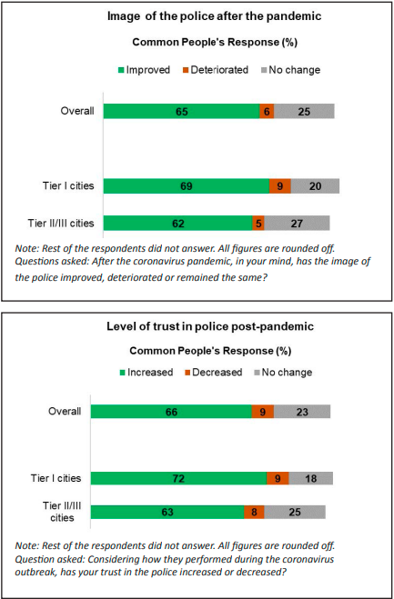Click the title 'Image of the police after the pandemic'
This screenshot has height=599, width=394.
[214, 16]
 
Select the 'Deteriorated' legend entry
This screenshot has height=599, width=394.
[216, 70]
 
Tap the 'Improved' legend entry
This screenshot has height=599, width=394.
[145, 70]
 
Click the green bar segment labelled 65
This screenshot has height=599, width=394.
[181, 111]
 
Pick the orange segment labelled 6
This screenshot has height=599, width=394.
[267, 111]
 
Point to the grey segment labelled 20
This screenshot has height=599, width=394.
[315, 186]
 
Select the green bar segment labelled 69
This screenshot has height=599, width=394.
[187, 186]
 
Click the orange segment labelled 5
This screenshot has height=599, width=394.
[258, 223]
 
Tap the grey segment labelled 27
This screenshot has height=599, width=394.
[297, 223]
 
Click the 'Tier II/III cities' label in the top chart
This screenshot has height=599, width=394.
[61, 223]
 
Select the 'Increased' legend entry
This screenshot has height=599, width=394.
[146, 372]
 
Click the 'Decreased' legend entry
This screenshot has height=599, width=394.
[214, 372]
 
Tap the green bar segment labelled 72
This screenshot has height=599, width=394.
[178, 478]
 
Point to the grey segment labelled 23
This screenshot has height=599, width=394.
[302, 412]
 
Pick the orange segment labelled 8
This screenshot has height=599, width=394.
[254, 512]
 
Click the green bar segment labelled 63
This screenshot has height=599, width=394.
[167, 512]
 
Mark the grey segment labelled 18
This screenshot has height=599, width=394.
[310, 478]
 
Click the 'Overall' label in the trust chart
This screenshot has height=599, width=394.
[65, 412]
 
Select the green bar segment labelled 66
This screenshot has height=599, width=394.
[171, 412]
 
